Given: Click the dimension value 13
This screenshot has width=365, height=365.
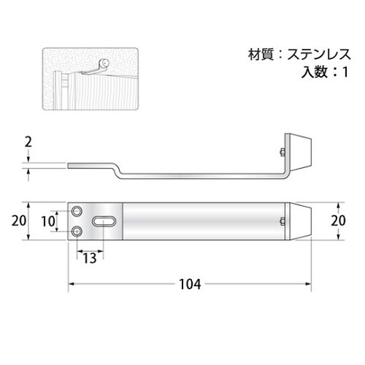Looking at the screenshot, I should [89, 258].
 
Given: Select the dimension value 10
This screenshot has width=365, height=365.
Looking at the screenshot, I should [47, 221].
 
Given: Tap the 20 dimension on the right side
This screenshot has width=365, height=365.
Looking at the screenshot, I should [337, 221].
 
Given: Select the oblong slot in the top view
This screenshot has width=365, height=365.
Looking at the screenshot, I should [105, 221].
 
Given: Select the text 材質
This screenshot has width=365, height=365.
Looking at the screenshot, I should [259, 54].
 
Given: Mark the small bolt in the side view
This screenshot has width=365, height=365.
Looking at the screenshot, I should [280, 153].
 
